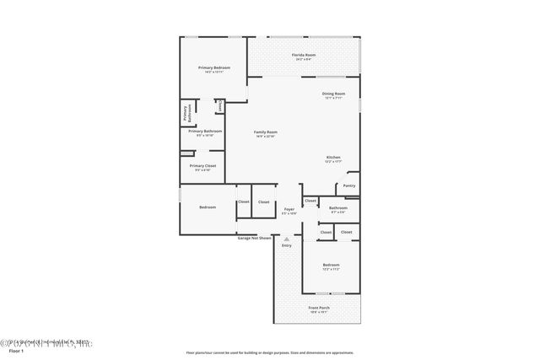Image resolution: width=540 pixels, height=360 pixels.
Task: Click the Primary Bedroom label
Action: tap(214, 67)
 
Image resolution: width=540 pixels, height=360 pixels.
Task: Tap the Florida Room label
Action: tap(305, 54)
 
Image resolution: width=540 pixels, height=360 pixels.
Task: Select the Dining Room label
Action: tap(333, 94)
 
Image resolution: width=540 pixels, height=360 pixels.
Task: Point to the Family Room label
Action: tap(266, 132)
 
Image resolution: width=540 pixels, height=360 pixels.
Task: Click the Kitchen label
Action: tap(333, 158)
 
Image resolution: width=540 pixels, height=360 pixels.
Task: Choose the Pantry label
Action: tap(348, 185)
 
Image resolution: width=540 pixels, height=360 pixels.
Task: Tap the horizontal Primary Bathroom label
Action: tap(205, 131)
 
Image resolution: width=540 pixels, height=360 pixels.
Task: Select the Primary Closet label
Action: tap(205, 165)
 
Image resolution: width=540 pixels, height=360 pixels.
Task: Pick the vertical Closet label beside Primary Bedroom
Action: tap(219, 106)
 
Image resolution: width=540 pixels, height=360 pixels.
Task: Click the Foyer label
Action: tap(289, 209)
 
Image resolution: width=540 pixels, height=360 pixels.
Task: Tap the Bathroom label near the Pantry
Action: tap(337, 207)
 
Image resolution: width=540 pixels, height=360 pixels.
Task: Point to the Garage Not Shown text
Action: tap(254, 238)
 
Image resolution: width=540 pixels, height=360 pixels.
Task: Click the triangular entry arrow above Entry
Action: tap(287, 239)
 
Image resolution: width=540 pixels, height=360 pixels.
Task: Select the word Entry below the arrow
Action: tap(287, 245)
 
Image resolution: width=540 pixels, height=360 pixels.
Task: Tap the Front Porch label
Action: tap(319, 308)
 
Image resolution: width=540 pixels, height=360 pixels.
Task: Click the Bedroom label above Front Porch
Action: tap(331, 265)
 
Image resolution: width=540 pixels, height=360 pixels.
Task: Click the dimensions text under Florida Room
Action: tap(305, 59)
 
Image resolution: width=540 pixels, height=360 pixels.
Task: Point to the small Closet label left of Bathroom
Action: tap(310, 201)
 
